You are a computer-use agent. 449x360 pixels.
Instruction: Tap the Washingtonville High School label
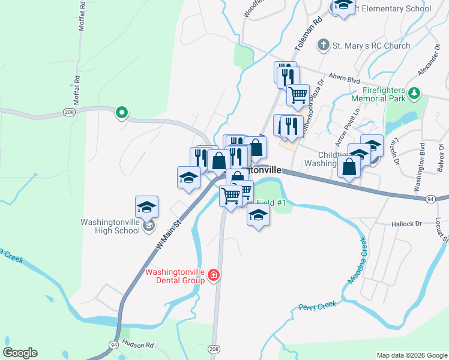[x=110, y=226]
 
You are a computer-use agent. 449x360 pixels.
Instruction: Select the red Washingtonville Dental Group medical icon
[x=214, y=275]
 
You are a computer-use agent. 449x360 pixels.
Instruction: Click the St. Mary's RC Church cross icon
[x=324, y=45]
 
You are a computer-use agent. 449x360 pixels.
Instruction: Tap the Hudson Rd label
[x=137, y=344]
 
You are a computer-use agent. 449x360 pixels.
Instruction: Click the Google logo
[x=20, y=353]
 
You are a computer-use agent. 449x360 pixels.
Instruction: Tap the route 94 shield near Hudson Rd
[x=113, y=344]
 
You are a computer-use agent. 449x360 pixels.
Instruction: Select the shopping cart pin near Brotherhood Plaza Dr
[x=298, y=94]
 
